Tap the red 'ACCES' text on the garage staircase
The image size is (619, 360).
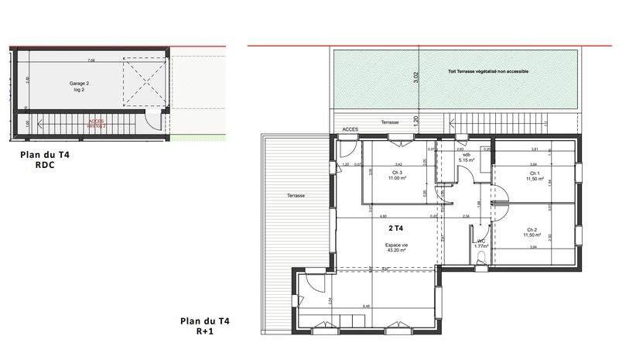96,122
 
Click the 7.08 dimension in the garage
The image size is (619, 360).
91,60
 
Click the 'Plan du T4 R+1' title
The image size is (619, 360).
204,325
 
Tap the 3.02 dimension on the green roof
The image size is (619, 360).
416,77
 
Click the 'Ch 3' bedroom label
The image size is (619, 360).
398,173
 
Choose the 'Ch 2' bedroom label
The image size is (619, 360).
532,231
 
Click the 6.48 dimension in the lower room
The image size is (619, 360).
365,306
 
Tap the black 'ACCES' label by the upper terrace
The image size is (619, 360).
350,130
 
